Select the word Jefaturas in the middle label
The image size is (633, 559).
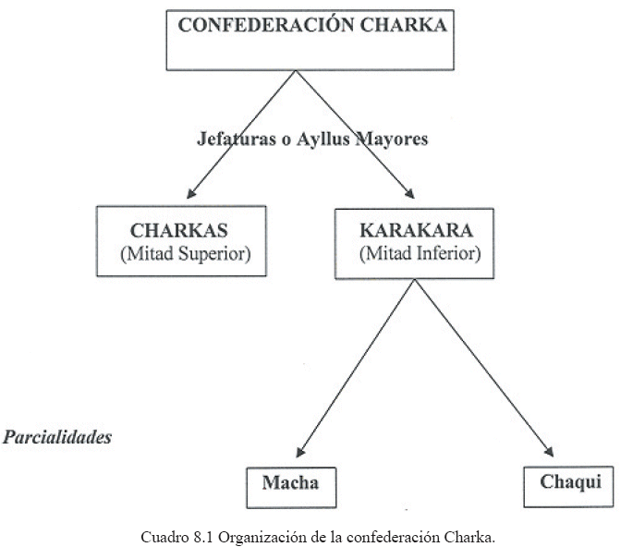point(230,140)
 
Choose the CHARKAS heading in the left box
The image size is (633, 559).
point(180,230)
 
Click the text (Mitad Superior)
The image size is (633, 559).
point(185,253)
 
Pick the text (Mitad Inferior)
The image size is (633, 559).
point(419,253)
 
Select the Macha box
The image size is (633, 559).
point(288,482)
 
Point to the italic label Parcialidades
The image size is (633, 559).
point(57,436)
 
